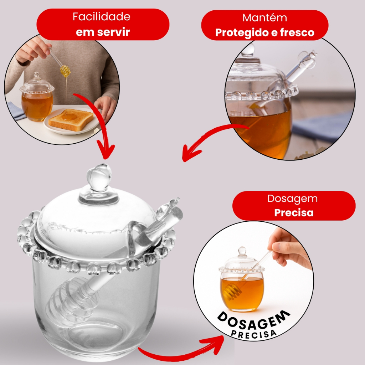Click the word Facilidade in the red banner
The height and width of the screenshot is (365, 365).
point(101,16)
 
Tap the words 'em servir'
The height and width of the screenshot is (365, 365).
point(103,32)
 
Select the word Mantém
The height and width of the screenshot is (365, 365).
point(265,18)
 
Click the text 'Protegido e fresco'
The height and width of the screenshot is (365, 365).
point(265,32)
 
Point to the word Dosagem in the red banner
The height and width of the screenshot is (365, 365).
point(293,199)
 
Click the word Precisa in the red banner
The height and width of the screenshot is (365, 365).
point(294,212)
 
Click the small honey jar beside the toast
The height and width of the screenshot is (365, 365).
point(37,97)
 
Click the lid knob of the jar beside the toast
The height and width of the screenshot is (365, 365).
point(36,76)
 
